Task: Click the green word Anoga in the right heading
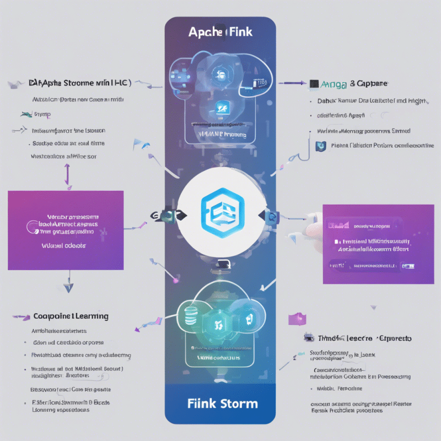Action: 332,84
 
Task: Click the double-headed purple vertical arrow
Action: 67,174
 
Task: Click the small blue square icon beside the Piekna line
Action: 319,146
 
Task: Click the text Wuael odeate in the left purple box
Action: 65,245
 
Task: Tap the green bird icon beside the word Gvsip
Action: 26,114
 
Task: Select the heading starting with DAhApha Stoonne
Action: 79,84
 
